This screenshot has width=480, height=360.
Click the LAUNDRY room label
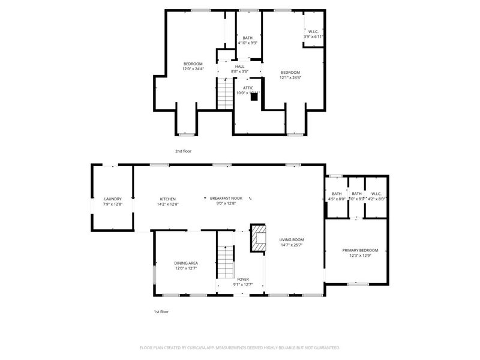click(113, 199)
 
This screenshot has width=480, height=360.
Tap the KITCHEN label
click(167, 199)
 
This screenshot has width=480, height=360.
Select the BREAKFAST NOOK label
click(226, 199)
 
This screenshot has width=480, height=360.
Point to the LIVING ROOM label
click(292, 239)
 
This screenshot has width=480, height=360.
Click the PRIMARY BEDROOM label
click(361, 250)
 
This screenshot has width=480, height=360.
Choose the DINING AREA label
click(186, 263)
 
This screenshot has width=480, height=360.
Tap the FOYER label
click(243, 279)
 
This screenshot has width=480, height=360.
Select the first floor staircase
click(224, 258)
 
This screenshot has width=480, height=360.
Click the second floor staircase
click(224, 93)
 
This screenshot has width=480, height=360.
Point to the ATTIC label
click(248, 88)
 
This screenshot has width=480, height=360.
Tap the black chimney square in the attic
click(254, 97)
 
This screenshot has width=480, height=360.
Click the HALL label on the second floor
click(239, 67)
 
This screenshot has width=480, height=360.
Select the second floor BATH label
click(247, 38)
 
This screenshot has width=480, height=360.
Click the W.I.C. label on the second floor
click(313, 32)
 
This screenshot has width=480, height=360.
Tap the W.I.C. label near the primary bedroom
click(376, 193)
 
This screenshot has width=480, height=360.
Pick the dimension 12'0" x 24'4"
click(193, 69)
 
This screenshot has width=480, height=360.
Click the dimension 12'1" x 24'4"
click(290, 77)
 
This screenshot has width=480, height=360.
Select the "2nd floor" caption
click(183, 151)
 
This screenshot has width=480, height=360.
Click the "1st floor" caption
click(162, 312)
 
